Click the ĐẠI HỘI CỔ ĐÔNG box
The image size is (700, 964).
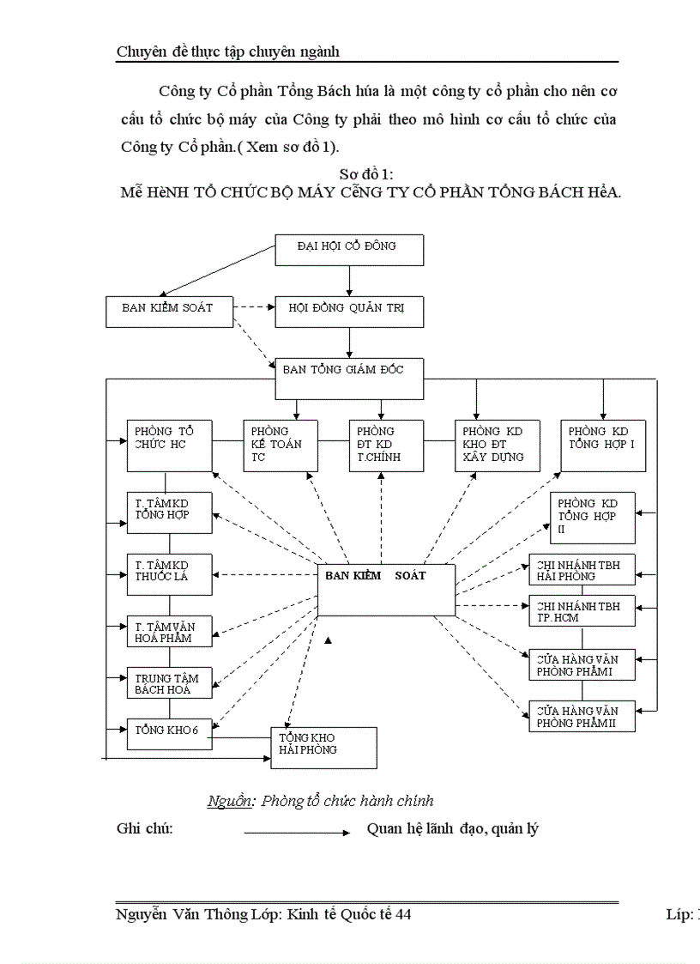click(x=349, y=251)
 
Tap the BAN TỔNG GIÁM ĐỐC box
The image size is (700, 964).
click(x=349, y=379)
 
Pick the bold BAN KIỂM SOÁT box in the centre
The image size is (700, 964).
click(x=386, y=589)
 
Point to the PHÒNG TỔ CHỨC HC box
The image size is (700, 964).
click(x=169, y=445)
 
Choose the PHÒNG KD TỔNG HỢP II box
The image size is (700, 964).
click(x=593, y=518)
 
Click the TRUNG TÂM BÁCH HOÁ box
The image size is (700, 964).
click(x=169, y=683)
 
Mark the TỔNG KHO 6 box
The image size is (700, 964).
click(x=169, y=730)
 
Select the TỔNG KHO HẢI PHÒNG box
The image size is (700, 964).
click(x=324, y=747)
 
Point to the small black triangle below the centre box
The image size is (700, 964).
click(x=329, y=640)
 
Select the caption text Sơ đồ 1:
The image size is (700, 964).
click(x=366, y=175)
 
